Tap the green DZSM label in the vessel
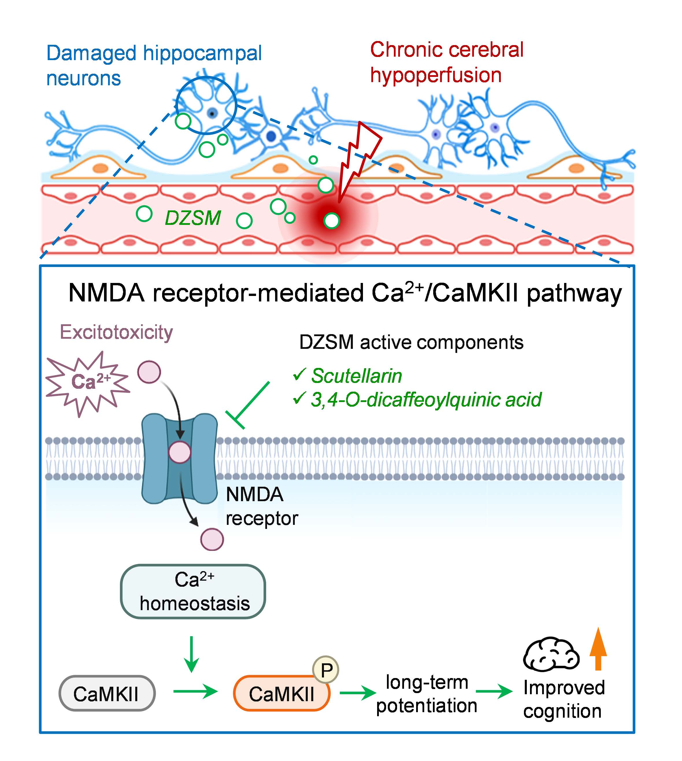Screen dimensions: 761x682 [193, 218]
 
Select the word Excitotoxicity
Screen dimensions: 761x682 [116, 332]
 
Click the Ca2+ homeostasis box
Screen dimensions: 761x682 [193, 592]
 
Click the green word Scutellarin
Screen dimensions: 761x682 [356, 376]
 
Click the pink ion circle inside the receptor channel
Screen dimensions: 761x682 [180, 452]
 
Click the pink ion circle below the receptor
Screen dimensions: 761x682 [212, 539]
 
